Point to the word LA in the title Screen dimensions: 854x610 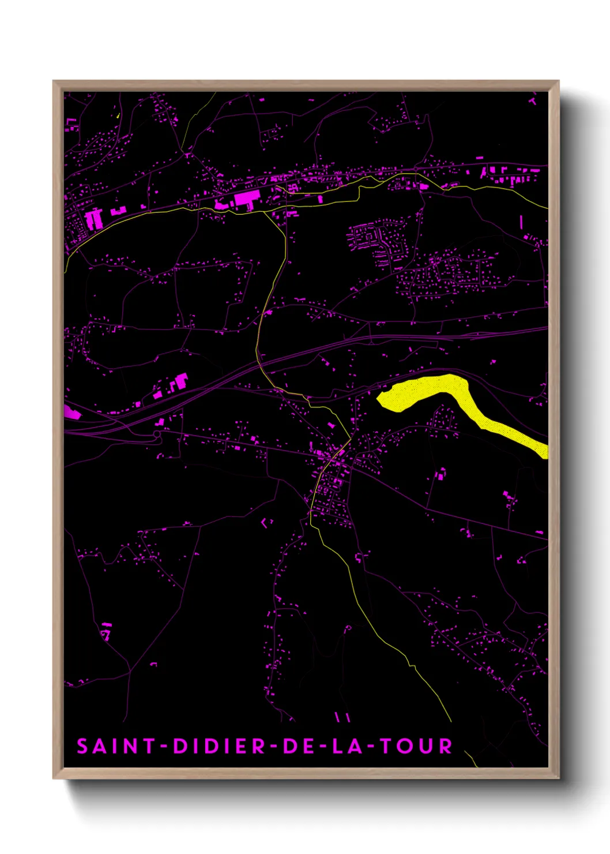coord(348,746)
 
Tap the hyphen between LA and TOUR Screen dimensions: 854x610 coord(372,747)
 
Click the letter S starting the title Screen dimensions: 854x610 coord(82,746)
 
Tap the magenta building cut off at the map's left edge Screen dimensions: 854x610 coord(71,412)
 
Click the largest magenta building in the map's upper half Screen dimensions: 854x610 coord(246,200)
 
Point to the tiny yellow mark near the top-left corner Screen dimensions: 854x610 coord(118,115)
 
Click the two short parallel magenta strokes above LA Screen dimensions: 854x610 coord(342,717)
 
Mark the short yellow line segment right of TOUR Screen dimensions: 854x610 coord(470,757)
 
